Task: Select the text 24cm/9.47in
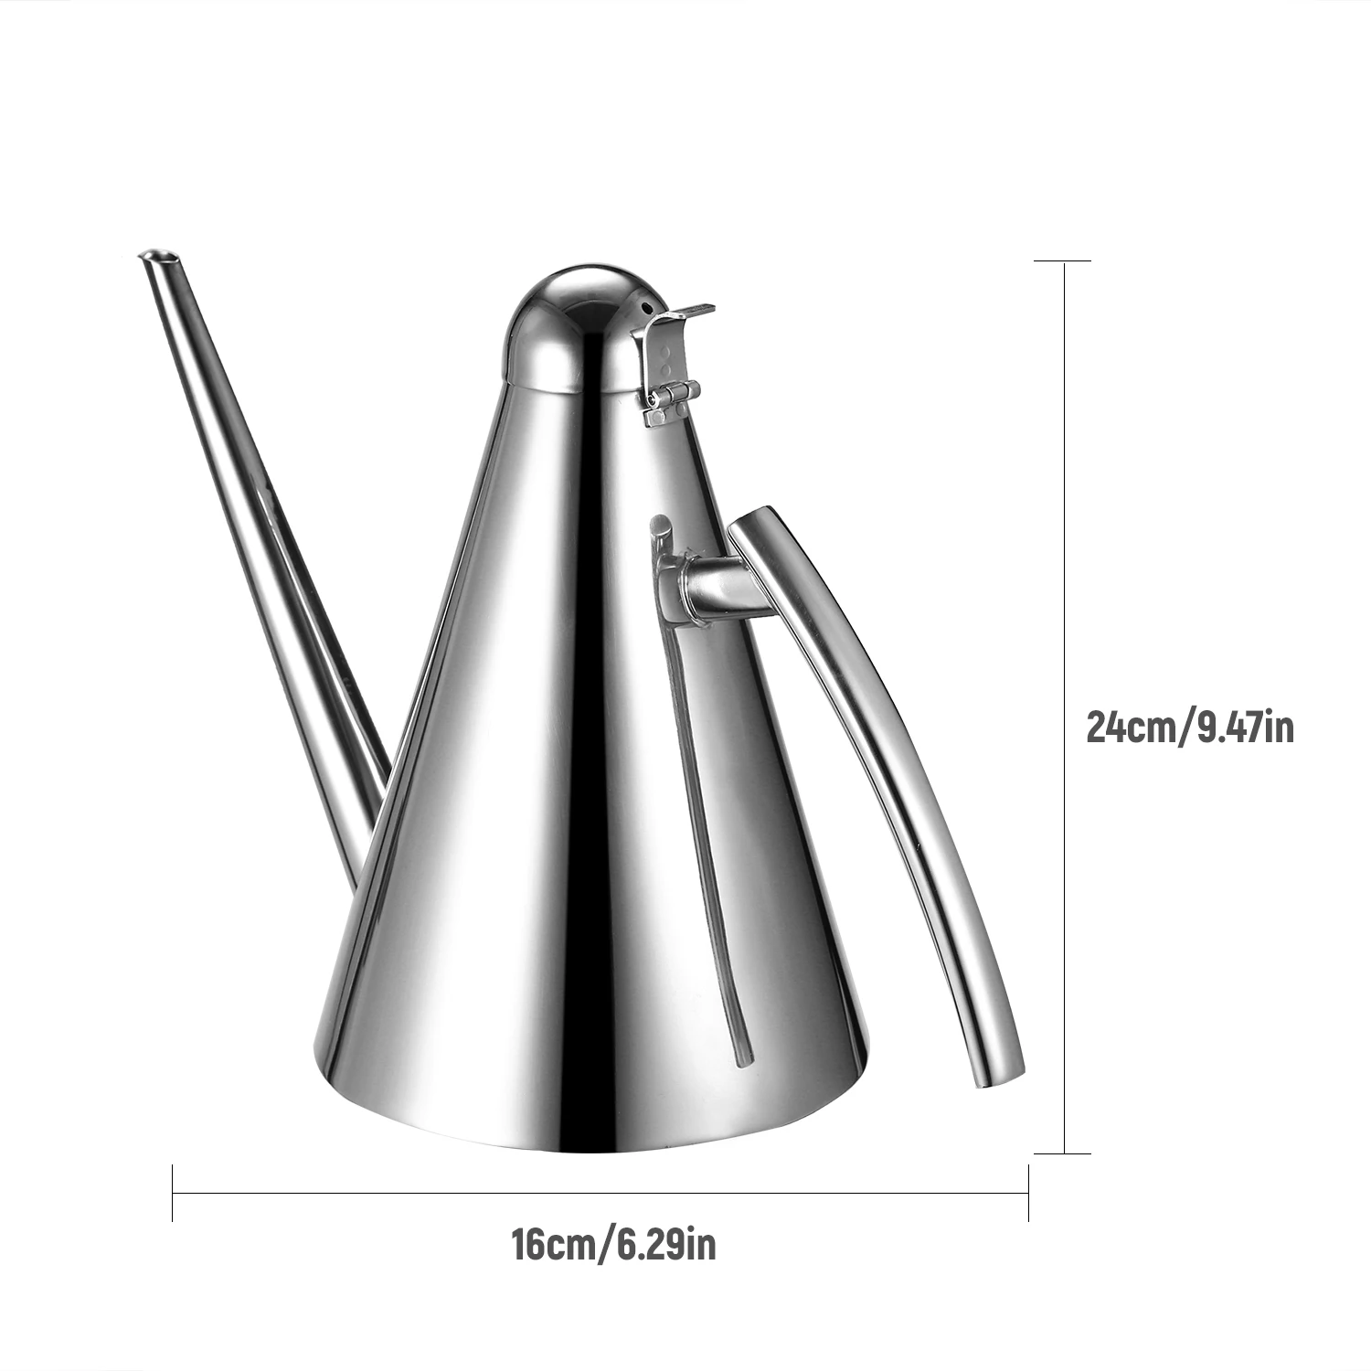click(1190, 728)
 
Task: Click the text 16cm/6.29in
click(613, 1245)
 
